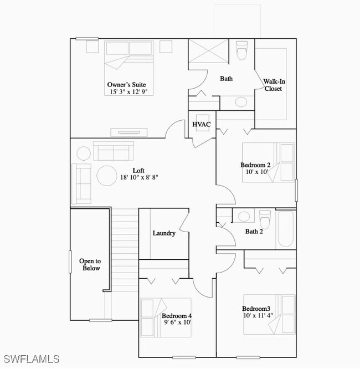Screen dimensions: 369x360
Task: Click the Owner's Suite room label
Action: [127, 84]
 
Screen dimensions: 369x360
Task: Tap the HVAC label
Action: [201, 124]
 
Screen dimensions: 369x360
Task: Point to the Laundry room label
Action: [164, 233]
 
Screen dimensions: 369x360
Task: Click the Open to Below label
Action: [90, 265]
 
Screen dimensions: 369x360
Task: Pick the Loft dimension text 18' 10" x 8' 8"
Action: [139, 178]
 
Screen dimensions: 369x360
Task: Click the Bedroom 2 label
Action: [255, 165]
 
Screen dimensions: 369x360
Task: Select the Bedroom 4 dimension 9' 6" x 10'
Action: [177, 321]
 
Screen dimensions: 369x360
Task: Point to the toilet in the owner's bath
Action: [242, 52]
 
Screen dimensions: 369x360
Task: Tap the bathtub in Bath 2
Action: [286, 229]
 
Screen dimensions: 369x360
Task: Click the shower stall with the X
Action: [204, 53]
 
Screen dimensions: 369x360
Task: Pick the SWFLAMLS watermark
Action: [31, 358]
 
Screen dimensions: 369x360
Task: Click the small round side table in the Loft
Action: [83, 153]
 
